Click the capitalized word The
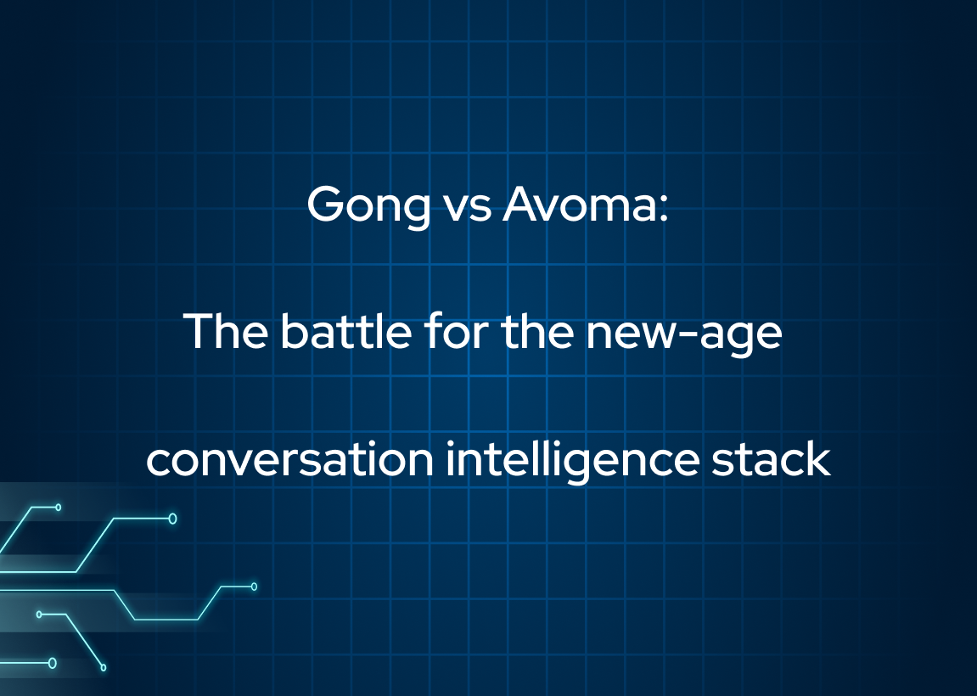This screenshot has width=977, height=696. (226, 331)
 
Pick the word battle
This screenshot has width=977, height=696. (345, 331)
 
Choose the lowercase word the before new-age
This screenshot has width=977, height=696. (537, 331)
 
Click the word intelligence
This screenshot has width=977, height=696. (572, 460)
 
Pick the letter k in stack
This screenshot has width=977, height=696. (817, 458)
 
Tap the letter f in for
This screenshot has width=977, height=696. (435, 331)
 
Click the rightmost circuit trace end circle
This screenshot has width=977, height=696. (254, 587)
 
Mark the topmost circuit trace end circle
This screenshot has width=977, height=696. (59, 508)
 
